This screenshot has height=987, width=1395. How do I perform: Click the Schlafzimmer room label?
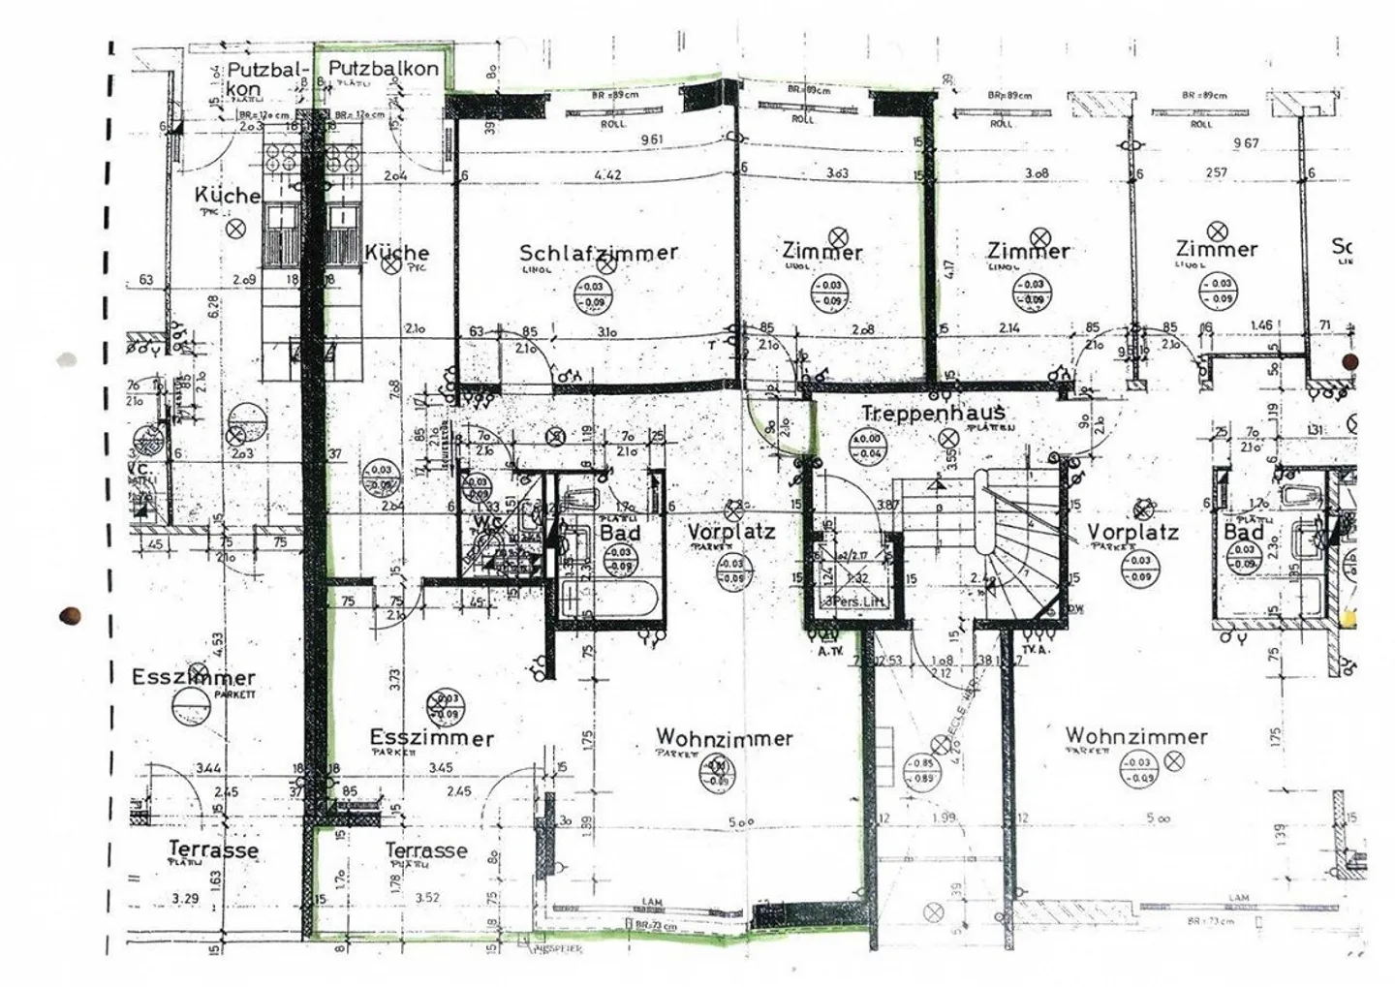599,253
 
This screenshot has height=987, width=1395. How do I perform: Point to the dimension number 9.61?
651,139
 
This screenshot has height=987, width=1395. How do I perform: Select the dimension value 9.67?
1246,143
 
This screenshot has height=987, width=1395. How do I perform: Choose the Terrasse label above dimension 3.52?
426,850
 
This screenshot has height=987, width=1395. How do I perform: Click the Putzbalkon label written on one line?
383,69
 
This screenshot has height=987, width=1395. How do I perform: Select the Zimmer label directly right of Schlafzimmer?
821,252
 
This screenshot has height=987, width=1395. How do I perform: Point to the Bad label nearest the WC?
620,533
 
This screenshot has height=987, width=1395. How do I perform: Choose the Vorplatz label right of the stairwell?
1131,532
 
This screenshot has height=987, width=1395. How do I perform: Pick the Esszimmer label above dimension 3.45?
431,738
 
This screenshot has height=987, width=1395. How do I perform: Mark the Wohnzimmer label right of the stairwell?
1135,736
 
